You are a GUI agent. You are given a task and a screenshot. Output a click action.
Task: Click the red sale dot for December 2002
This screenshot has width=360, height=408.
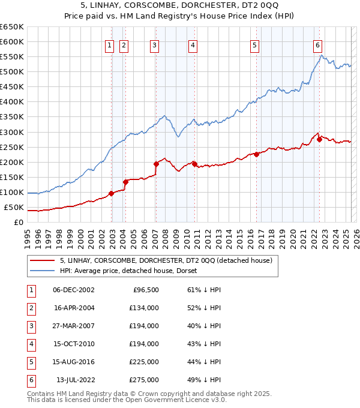pyautogui.click(x=112, y=193)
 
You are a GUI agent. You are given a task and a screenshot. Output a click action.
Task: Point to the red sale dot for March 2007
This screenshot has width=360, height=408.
pyautogui.click(x=156, y=164)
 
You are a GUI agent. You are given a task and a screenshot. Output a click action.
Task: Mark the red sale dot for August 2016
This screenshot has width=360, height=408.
pyautogui.click(x=256, y=154)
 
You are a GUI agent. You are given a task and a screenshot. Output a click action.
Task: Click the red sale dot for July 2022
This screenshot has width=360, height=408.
pyautogui.click(x=319, y=139)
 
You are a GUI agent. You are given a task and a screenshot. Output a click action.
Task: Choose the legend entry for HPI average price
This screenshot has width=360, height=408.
pyautogui.click(x=132, y=271)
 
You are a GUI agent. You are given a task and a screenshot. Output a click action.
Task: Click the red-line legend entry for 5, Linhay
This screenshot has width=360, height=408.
pyautogui.click(x=166, y=260)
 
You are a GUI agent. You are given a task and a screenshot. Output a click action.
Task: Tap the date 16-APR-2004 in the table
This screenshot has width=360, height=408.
pyautogui.click(x=73, y=308)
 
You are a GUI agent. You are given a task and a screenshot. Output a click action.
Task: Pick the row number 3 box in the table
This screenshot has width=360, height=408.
pyautogui.click(x=30, y=326)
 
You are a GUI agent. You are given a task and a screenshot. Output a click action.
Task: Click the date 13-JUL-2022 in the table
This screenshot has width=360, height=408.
pyautogui.click(x=76, y=380)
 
